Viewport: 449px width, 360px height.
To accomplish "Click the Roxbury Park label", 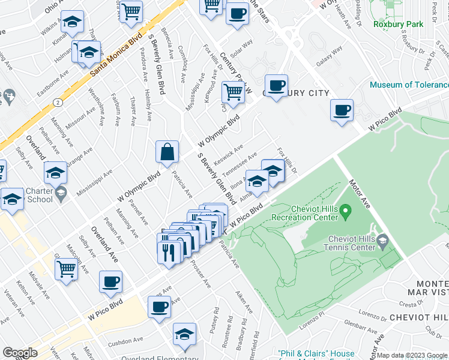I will coord(398,25).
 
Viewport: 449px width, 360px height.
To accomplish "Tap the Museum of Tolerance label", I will coord(408,85).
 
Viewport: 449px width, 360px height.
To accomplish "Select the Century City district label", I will coord(296,93).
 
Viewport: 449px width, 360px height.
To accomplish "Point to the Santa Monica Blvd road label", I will coord(116,53).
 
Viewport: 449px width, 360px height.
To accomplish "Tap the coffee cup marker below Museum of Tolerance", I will coord(342,110).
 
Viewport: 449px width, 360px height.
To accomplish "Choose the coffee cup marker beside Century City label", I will coord(276,86).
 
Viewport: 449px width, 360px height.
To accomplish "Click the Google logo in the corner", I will coord(20,353).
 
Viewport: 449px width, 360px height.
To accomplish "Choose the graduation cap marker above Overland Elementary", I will coord(184,334).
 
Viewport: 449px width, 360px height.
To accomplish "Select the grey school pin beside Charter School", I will coord(61,193).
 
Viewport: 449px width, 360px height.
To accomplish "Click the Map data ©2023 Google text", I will coord(411,355).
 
